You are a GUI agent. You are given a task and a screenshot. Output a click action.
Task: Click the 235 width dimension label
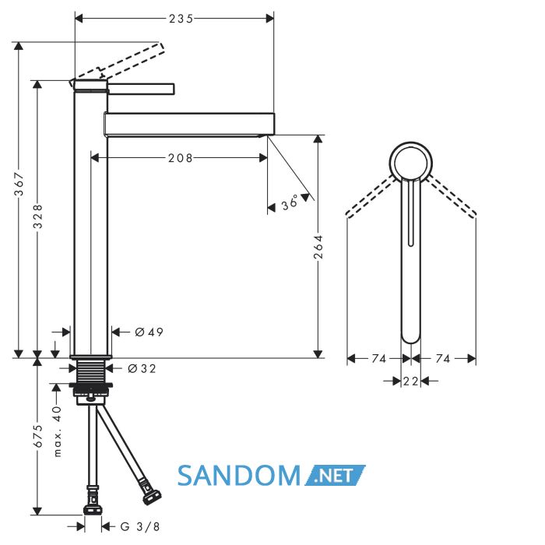[x=181, y=19]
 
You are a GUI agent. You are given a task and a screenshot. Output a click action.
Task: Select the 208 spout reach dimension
[x=180, y=159]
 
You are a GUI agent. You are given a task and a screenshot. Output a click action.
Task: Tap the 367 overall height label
[x=19, y=184]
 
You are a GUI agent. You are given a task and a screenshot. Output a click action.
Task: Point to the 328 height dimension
[x=37, y=216]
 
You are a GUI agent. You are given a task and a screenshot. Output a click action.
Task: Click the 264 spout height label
[x=318, y=247]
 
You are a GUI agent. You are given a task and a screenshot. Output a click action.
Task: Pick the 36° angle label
[x=290, y=202]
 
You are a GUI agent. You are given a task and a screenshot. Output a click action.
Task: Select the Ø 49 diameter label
[x=149, y=332]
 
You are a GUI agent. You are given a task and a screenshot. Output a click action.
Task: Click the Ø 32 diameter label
[x=142, y=368]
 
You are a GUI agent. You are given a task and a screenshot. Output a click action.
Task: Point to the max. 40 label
[x=58, y=431]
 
